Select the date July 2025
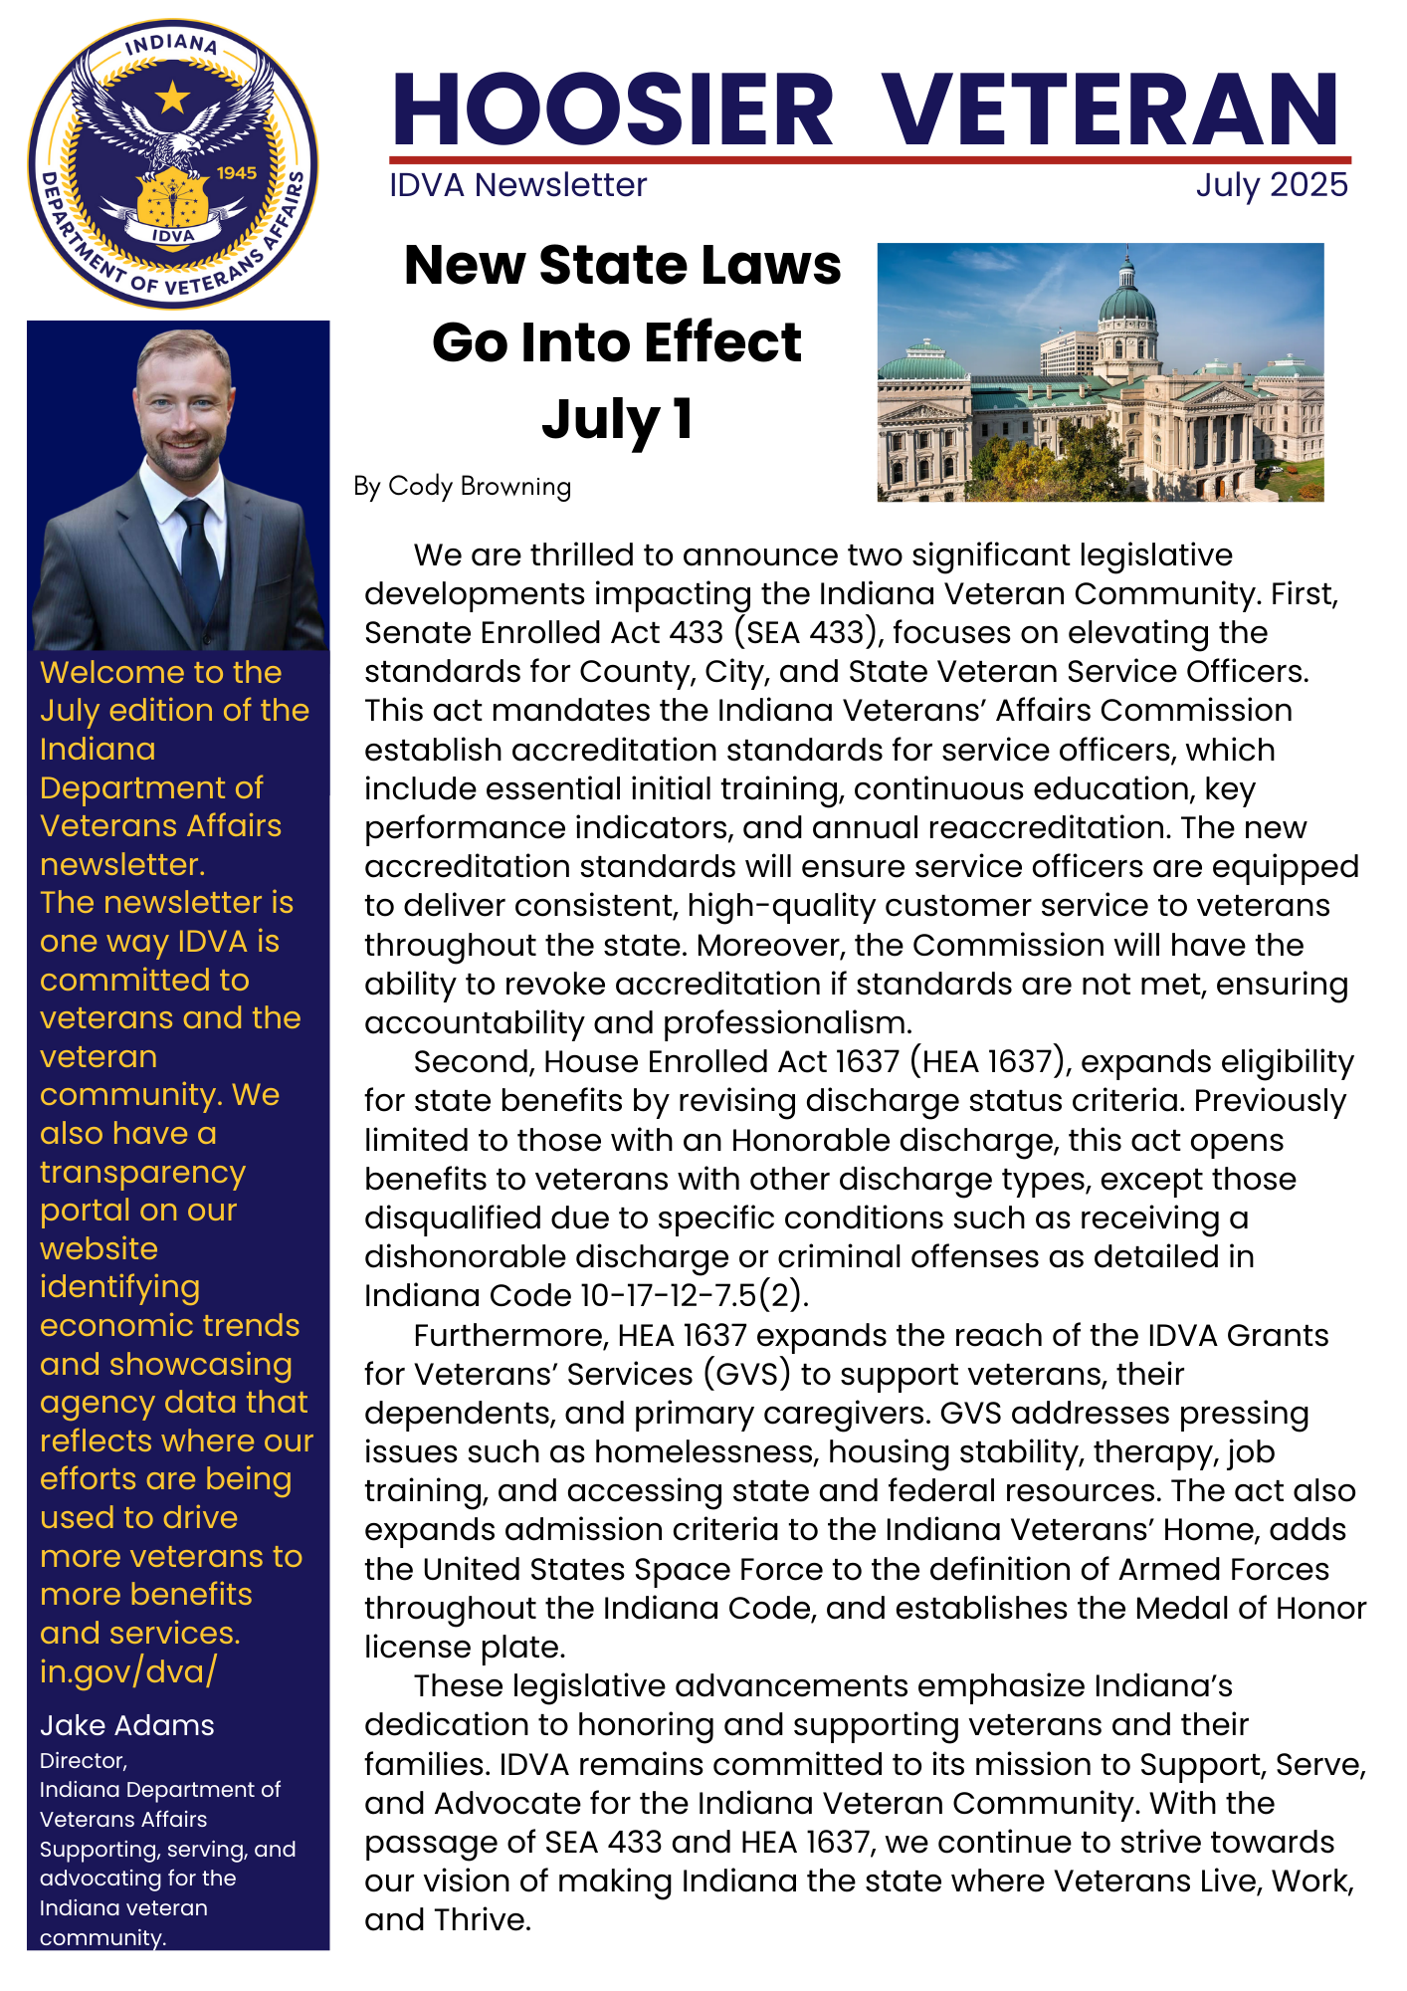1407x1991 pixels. coord(1271,185)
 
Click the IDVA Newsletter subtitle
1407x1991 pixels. coord(517,185)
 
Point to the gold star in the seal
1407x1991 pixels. coord(173,98)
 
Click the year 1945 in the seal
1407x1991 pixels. coord(237,172)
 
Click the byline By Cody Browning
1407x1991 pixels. coord(462,486)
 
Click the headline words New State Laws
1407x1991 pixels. coord(622,266)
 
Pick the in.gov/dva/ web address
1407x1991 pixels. coord(127,1670)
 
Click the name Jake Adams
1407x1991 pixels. coord(126,1725)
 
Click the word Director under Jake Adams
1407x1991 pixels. coord(83,1761)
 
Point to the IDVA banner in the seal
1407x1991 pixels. coord(173,236)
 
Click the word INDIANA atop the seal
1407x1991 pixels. coord(171,45)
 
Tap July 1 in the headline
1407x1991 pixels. coord(617,420)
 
